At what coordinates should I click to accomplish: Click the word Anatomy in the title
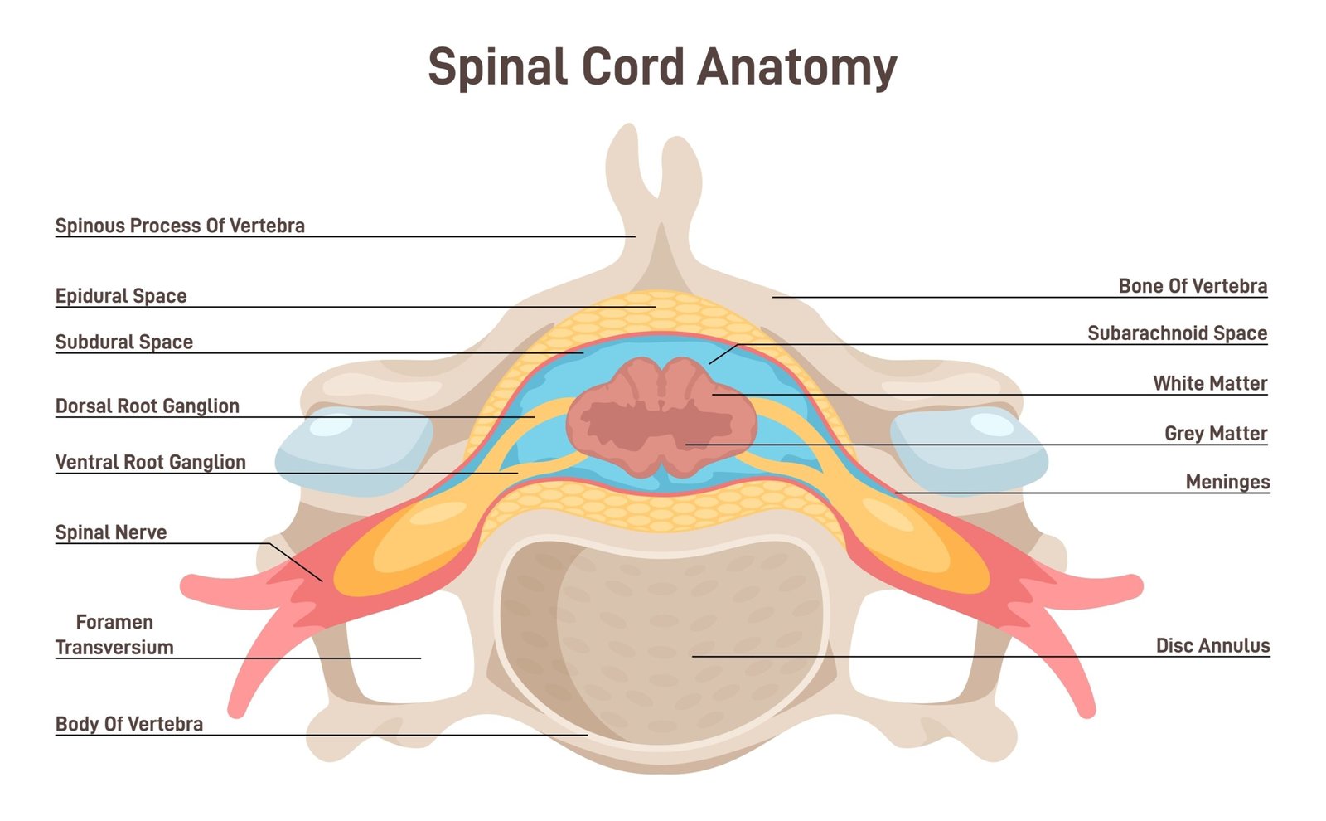797,67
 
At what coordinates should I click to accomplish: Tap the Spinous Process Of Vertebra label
180,226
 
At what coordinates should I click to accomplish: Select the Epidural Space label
121,296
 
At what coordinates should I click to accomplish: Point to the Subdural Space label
124,342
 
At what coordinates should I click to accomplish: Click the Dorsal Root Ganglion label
148,406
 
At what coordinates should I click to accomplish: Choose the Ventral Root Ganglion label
151,462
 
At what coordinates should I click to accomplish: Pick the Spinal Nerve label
111,532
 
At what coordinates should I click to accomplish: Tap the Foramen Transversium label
114,634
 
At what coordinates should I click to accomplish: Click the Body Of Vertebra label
129,724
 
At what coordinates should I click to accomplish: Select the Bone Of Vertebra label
1193,286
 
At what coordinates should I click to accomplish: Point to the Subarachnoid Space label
1177,333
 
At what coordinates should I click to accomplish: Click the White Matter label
1210,383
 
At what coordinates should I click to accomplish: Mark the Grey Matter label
1216,433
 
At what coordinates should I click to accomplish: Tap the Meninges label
1227,482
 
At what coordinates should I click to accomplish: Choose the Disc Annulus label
1212,645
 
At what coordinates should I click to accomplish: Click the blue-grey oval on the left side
352,452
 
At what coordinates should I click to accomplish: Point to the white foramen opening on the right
912,647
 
